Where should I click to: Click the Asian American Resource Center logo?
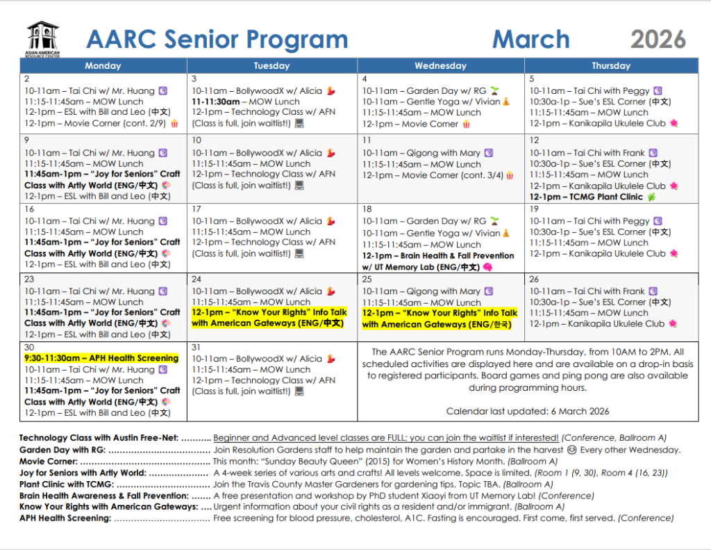[x=43, y=39]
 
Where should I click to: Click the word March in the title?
[x=530, y=39]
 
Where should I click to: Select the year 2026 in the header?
[x=658, y=39]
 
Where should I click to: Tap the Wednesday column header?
[x=440, y=66]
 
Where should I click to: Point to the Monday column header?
[x=103, y=66]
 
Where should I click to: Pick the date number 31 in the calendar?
[x=197, y=348]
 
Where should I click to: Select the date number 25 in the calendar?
[x=367, y=280]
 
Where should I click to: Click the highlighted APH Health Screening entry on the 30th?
[x=101, y=359]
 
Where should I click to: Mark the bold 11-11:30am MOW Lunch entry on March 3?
[x=246, y=102]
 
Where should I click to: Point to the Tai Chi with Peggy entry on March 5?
[x=589, y=90]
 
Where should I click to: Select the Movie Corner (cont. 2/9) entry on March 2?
[x=95, y=124]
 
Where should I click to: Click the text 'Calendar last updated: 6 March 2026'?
[x=528, y=411]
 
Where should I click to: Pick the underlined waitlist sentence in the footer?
[x=385, y=438]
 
